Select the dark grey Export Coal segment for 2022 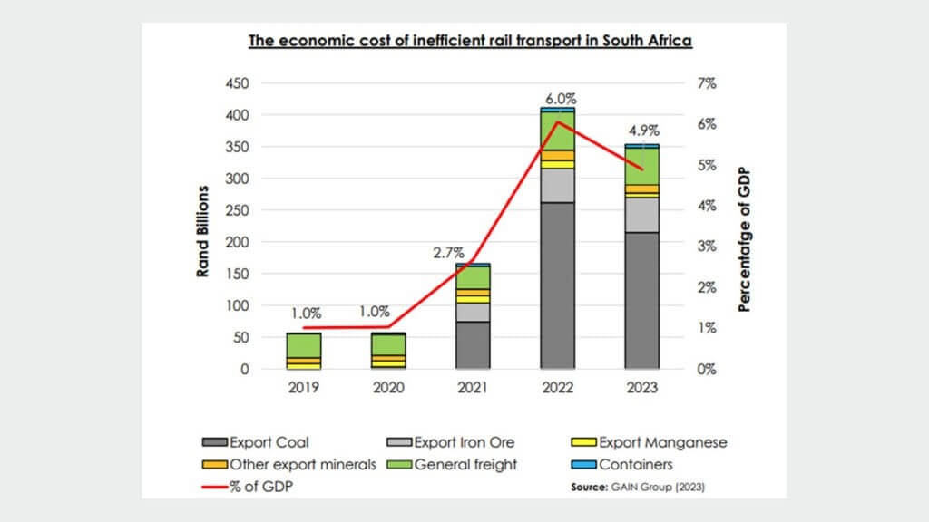(x=557, y=285)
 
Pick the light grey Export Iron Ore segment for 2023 (x=642, y=215)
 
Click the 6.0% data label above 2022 (x=560, y=98)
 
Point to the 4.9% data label (x=643, y=129)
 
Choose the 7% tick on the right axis (x=706, y=83)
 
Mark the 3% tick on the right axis (x=706, y=246)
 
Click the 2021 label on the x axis (x=473, y=387)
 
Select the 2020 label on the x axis (x=388, y=387)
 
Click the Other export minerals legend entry (x=294, y=465)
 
